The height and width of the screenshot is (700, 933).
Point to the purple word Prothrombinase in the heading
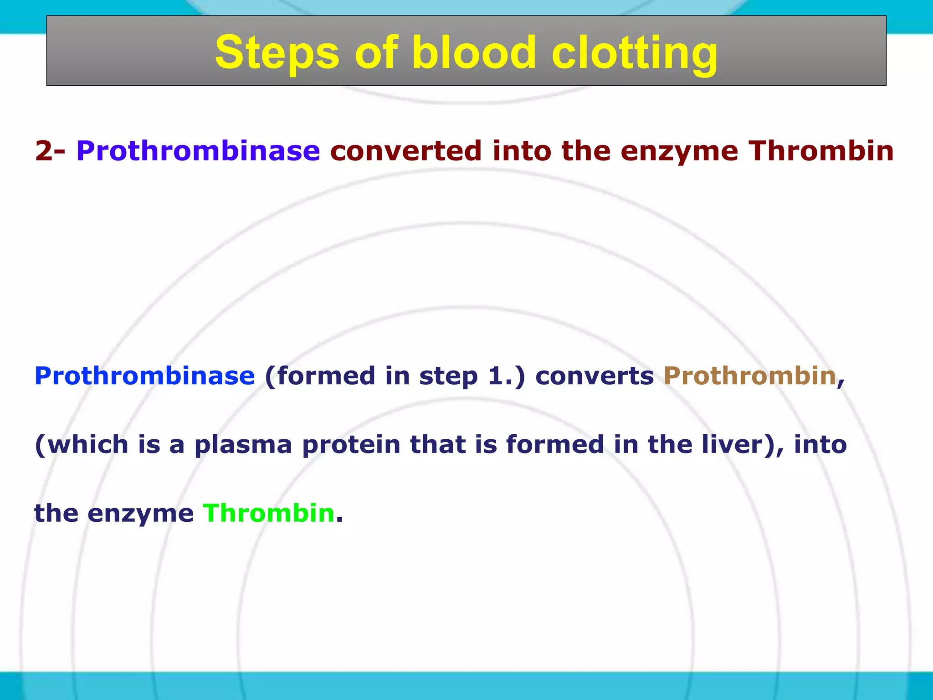198,151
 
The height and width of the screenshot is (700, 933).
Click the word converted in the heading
406,151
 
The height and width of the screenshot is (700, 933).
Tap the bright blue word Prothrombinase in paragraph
144,376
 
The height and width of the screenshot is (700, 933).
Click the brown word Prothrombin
750,376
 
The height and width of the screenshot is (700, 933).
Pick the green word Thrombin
269,513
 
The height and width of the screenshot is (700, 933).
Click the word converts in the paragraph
594,376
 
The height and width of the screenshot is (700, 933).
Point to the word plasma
243,445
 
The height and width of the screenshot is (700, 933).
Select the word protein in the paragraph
351,445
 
